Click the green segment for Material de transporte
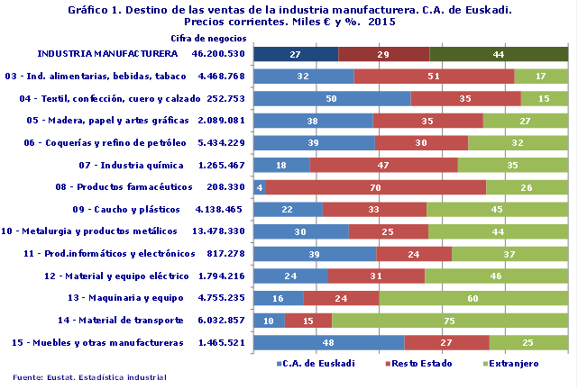tap(449, 320)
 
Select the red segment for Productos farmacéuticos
tap(376, 186)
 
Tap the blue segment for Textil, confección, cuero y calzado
tap(332, 98)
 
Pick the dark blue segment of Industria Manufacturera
tap(296, 54)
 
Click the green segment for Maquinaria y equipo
tap(472, 297)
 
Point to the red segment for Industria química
tap(383, 165)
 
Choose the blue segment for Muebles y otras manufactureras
tap(329, 342)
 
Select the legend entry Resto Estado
tap(419, 364)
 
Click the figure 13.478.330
tap(219, 231)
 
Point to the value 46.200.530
tap(219, 54)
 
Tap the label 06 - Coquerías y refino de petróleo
tap(106, 142)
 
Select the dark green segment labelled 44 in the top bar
tap(499, 54)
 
